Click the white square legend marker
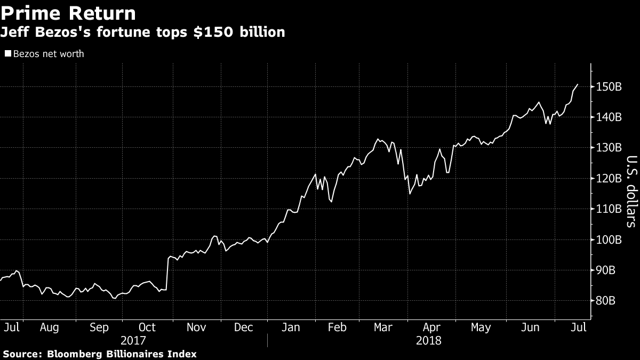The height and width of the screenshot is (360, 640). tap(8, 54)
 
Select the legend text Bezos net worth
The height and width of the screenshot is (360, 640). tap(49, 54)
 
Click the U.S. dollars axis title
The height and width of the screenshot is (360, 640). tap(631, 191)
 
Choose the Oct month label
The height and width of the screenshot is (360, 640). tap(147, 327)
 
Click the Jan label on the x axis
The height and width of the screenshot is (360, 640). tap(290, 327)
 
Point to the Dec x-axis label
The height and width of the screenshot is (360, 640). tap(244, 327)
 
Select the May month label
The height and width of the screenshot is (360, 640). tap(481, 327)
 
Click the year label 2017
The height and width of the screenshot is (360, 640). tap(133, 340)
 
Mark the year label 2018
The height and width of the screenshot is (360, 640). tap(428, 340)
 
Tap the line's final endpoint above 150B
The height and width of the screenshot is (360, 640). tap(578, 84)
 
